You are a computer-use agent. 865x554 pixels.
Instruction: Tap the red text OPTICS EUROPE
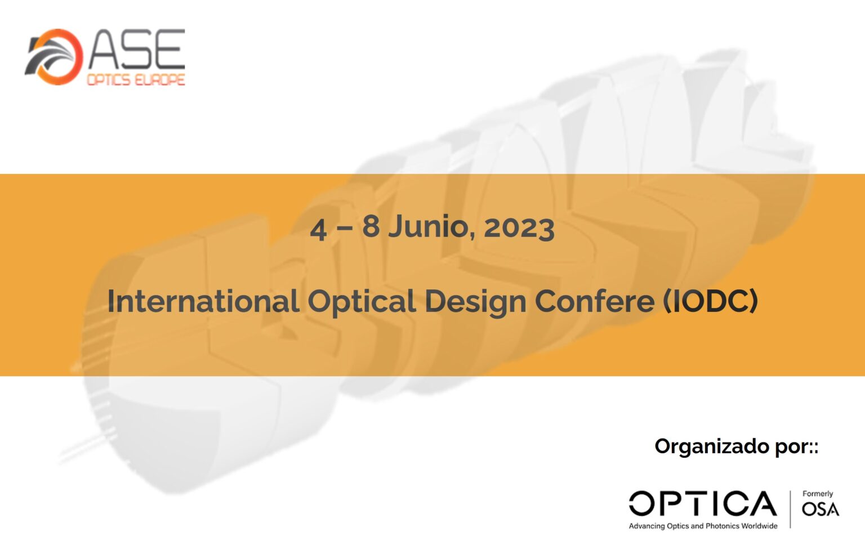(x=136, y=80)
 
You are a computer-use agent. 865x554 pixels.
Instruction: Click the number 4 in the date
(x=319, y=229)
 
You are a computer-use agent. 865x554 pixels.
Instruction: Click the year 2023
(x=519, y=228)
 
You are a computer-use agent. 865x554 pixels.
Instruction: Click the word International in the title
(x=203, y=301)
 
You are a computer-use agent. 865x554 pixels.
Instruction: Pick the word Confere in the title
(x=595, y=301)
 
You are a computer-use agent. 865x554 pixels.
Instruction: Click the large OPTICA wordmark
(x=703, y=503)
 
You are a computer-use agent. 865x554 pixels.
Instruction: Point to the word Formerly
(x=818, y=494)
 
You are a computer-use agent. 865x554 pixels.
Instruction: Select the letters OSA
(x=821, y=509)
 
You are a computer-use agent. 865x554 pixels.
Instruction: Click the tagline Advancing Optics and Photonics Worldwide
(x=703, y=526)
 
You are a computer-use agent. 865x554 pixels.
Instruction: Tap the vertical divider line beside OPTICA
(x=790, y=509)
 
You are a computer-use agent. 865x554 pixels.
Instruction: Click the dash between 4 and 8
(x=345, y=229)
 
